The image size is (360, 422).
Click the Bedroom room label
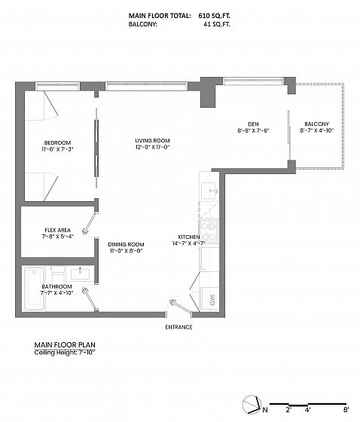click(57, 143)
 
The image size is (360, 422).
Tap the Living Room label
click(152, 140)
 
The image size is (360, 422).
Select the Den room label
click(254, 124)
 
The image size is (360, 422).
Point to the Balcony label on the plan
click(316, 124)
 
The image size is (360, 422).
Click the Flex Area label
click(57, 230)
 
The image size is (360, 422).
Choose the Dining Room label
click(126, 244)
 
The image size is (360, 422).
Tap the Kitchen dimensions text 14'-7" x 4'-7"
click(189, 243)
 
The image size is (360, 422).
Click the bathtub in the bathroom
click(34, 288)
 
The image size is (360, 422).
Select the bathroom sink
click(80, 274)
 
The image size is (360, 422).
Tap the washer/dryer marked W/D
click(210, 299)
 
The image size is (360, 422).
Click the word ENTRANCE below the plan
click(178, 327)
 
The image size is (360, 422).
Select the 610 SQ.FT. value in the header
click(215, 16)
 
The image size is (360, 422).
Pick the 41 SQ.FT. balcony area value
click(217, 24)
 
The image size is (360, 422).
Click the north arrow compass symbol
click(252, 404)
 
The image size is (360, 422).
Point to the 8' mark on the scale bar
click(346, 410)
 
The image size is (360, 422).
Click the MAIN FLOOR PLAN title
click(65, 345)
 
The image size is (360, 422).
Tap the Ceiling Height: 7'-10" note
click(65, 353)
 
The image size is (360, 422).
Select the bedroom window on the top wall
click(58, 86)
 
